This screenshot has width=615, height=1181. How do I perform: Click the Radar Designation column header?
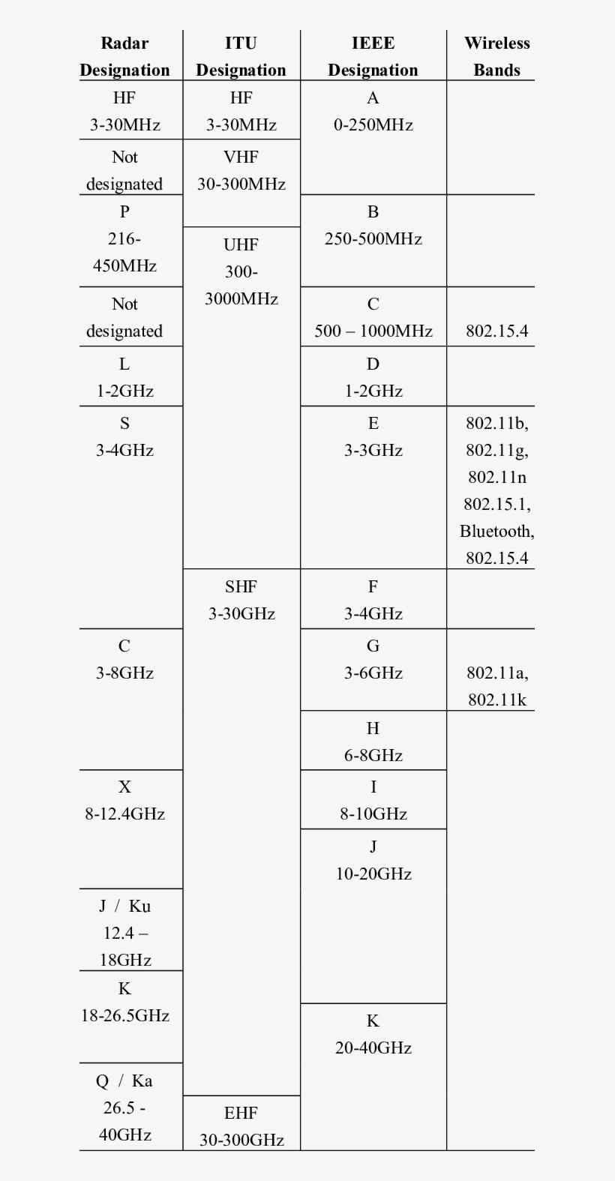[x=124, y=56]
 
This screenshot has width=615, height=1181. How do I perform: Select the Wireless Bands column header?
[x=496, y=56]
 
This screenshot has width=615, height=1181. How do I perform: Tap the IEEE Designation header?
[x=373, y=56]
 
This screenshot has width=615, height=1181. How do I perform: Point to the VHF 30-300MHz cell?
[x=241, y=171]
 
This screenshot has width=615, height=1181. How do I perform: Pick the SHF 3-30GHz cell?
[x=241, y=600]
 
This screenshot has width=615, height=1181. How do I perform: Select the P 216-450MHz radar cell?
[x=124, y=238]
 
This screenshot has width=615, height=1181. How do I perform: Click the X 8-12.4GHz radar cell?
[x=124, y=800]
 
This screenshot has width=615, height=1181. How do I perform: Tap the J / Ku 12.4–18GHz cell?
[x=124, y=933]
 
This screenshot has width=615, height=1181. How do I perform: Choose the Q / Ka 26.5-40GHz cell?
[x=124, y=1108]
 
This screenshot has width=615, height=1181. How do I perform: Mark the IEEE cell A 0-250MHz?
[x=373, y=111]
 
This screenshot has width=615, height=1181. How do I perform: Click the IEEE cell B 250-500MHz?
[x=373, y=225]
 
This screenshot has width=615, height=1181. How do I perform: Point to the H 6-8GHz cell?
[x=373, y=742]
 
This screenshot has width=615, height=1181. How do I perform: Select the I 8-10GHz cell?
[x=373, y=800]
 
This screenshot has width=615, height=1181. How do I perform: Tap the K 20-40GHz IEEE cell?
[x=373, y=1034]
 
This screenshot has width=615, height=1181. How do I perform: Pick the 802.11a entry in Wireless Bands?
[x=496, y=673]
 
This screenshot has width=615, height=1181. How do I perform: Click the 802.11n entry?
[x=496, y=477]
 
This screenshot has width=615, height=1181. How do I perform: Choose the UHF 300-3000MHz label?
[x=241, y=271]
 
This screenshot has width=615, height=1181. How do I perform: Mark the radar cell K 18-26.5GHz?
[x=124, y=1002]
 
